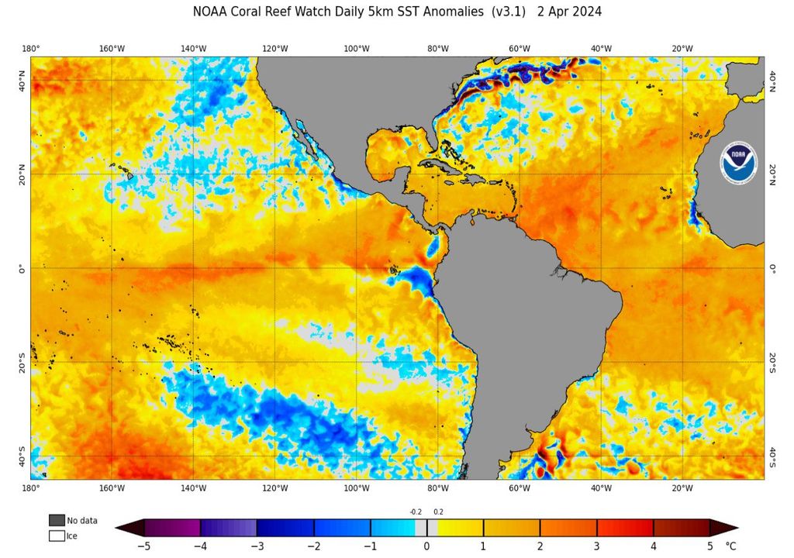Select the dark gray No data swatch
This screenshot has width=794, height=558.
point(57,520)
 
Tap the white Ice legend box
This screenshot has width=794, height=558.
point(57,536)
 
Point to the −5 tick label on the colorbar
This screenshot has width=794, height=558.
point(143,546)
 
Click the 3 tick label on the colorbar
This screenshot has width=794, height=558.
point(596,546)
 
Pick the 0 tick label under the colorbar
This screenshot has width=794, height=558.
point(426,546)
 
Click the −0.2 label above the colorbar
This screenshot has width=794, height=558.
point(416,511)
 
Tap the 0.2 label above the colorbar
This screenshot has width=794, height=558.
point(438,511)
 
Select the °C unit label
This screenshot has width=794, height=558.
point(730,546)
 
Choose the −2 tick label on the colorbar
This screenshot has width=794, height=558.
point(312,546)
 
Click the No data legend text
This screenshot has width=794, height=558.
point(82,521)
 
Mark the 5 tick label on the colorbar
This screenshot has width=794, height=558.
point(709,546)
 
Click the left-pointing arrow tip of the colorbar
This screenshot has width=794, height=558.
point(118,529)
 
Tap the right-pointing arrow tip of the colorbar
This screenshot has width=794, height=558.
point(736,529)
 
